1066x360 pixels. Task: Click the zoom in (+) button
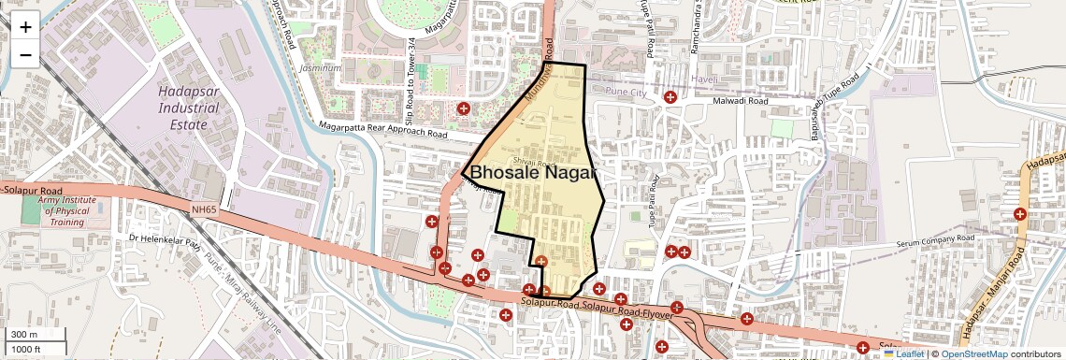[x=25, y=26]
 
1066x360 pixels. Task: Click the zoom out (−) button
[x=25, y=54]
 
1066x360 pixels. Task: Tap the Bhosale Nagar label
[x=532, y=173]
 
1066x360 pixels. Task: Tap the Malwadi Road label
[x=740, y=101]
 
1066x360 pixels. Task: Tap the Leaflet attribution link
[x=903, y=353]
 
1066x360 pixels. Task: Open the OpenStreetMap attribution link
[x=973, y=353]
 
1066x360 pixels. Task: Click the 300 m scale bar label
[x=24, y=335]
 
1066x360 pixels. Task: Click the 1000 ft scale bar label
[x=26, y=349]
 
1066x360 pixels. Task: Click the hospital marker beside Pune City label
[x=670, y=96]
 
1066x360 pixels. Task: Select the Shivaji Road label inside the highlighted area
[x=541, y=162]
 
